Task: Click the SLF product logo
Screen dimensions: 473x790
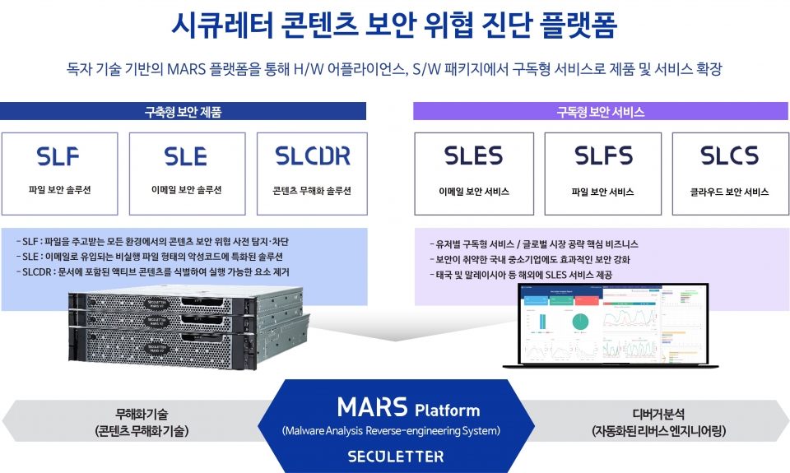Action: pyautogui.click(x=59, y=155)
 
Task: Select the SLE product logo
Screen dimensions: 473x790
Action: pyautogui.click(x=186, y=155)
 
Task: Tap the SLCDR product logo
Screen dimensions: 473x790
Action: pyautogui.click(x=312, y=155)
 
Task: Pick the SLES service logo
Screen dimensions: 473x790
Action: pyautogui.click(x=473, y=155)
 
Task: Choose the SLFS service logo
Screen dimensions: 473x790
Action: pyautogui.click(x=602, y=155)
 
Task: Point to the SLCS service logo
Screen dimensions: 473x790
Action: pyautogui.click(x=729, y=155)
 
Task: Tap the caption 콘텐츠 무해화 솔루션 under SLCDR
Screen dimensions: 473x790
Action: pyautogui.click(x=312, y=190)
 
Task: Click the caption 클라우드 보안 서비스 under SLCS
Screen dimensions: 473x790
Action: pyautogui.click(x=729, y=192)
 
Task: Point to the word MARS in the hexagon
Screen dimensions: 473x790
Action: pyautogui.click(x=372, y=407)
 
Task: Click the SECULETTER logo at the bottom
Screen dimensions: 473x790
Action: pyautogui.click(x=395, y=456)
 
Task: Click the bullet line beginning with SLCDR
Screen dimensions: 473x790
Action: pyautogui.click(x=152, y=271)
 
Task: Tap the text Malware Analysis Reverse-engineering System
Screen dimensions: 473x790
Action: pyautogui.click(x=391, y=430)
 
